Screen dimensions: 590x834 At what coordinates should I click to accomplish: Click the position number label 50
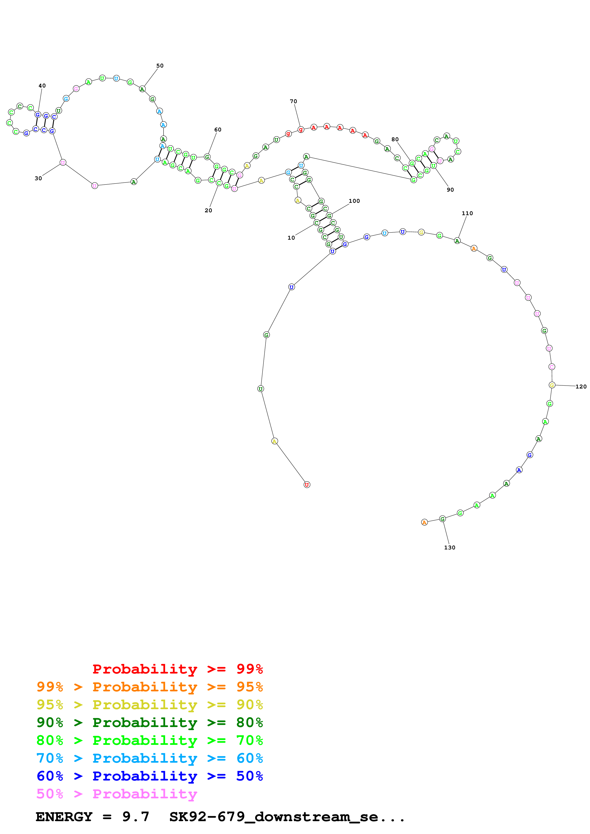click(x=160, y=66)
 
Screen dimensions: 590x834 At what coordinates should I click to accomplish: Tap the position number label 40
click(x=42, y=86)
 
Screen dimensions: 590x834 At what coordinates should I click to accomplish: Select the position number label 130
click(x=449, y=548)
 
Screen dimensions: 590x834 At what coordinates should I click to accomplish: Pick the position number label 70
click(x=293, y=101)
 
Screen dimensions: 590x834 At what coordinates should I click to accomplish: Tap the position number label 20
click(x=208, y=210)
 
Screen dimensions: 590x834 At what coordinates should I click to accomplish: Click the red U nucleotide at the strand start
click(x=307, y=485)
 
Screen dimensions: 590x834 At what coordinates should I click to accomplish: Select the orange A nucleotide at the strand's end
click(x=424, y=522)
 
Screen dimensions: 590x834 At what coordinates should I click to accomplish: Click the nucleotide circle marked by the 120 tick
click(x=552, y=385)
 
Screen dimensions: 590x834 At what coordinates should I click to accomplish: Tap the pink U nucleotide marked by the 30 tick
click(x=63, y=162)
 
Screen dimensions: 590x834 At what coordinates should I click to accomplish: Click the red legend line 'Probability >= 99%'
click(x=177, y=669)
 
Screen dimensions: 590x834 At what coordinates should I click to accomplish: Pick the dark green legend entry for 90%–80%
click(x=149, y=722)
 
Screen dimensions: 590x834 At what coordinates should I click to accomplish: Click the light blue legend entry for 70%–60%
click(x=149, y=758)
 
